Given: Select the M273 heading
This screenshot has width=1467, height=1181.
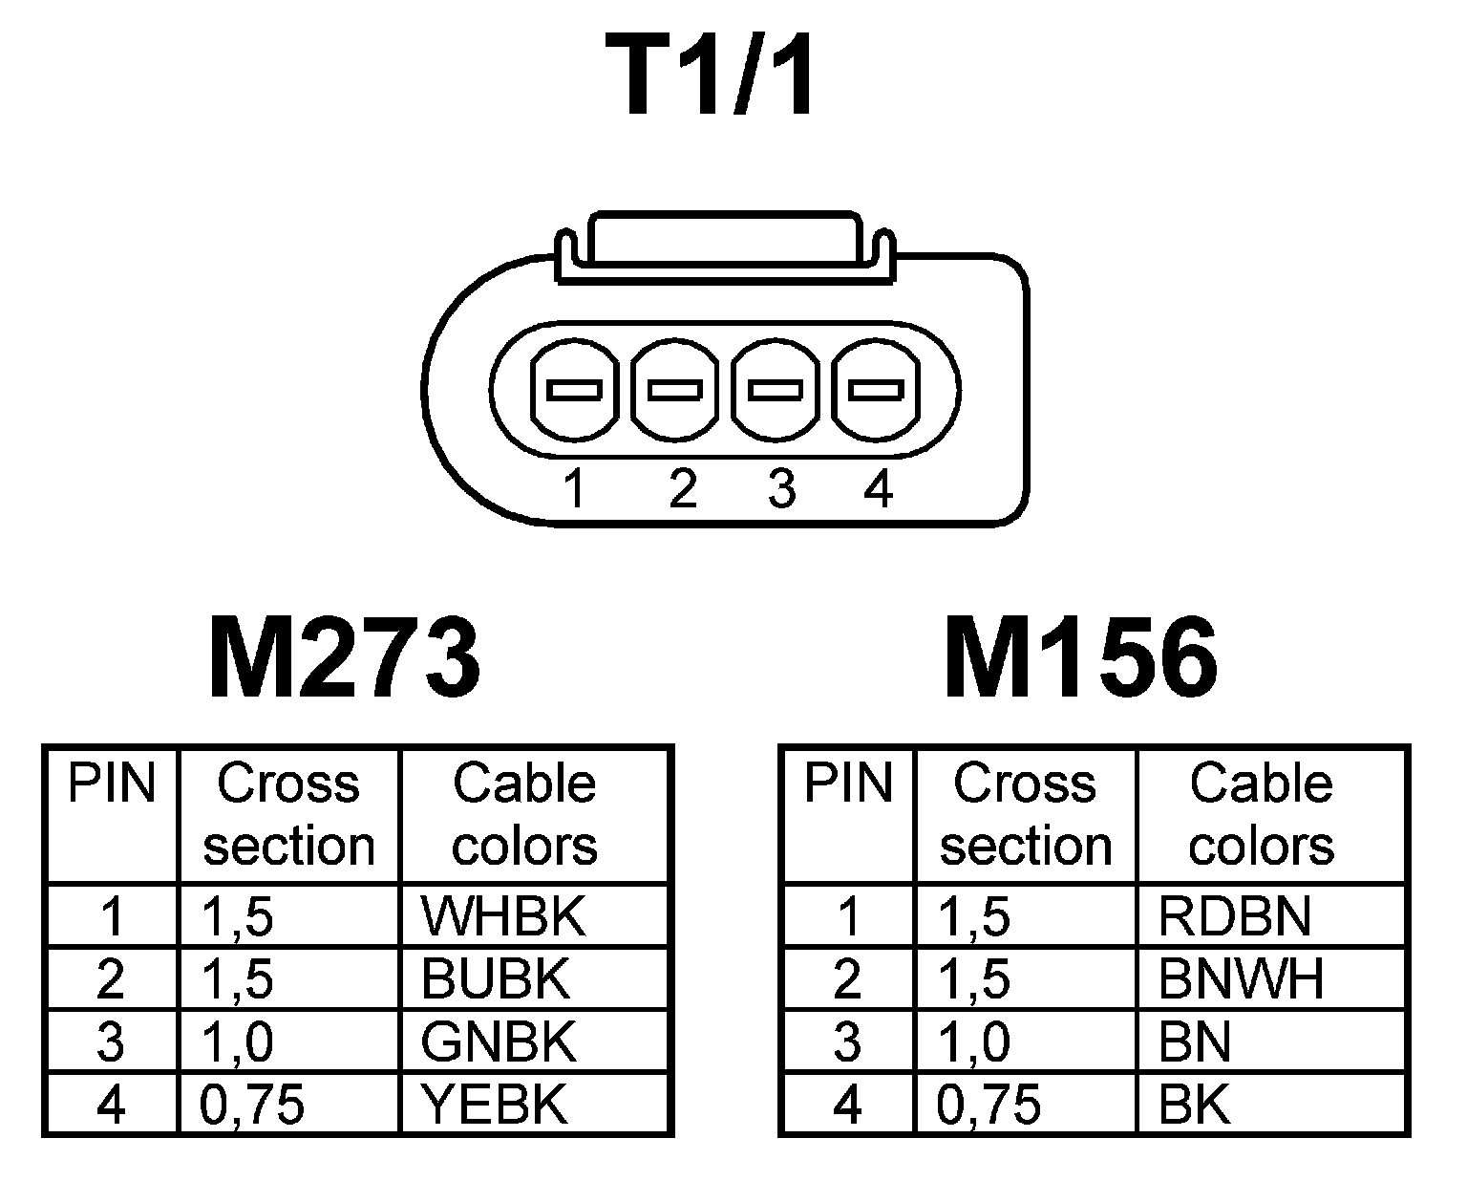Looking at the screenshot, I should click(344, 659).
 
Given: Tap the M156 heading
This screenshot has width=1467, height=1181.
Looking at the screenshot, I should click(1081, 659).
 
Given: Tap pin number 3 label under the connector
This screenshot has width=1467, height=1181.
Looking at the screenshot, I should click(781, 489).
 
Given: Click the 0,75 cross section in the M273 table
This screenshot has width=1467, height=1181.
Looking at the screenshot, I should click(253, 1105).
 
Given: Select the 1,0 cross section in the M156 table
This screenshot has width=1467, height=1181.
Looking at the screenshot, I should click(975, 1041).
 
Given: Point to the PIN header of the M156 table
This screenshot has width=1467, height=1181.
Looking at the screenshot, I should click(848, 784).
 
